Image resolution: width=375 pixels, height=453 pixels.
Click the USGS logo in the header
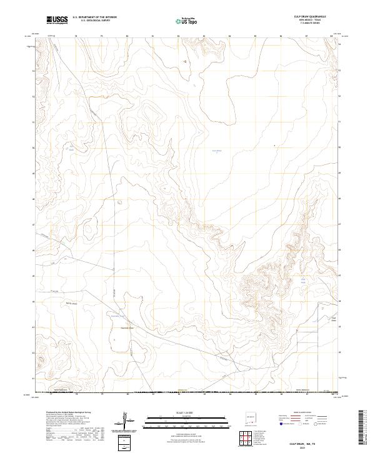pyautogui.click(x=57, y=20)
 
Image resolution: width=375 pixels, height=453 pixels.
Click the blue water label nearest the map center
pyautogui.click(x=217, y=151)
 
